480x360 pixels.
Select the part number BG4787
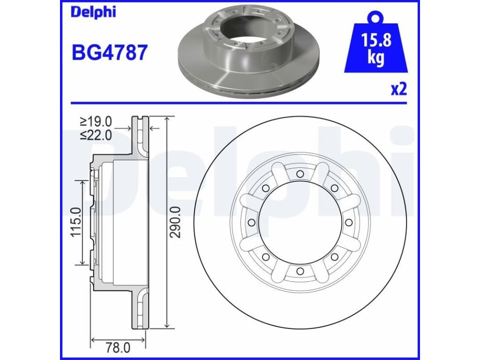tap(110, 52)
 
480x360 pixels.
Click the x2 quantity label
tap(399, 89)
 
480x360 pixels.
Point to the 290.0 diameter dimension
tap(176, 222)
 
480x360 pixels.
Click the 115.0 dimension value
tap(75, 222)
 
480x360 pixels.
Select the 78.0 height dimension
tap(118, 348)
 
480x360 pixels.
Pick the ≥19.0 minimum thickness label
tap(96, 121)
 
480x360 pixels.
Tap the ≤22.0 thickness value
tap(96, 135)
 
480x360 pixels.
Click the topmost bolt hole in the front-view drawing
tap(300, 174)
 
